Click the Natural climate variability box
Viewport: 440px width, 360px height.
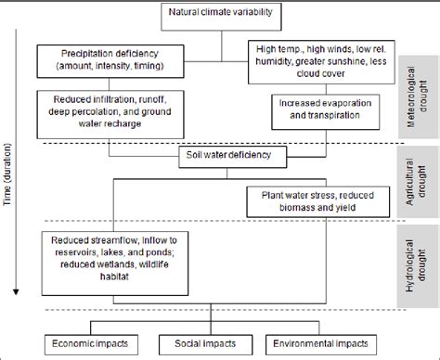pos(220,13)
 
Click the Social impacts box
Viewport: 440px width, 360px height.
pos(208,342)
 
